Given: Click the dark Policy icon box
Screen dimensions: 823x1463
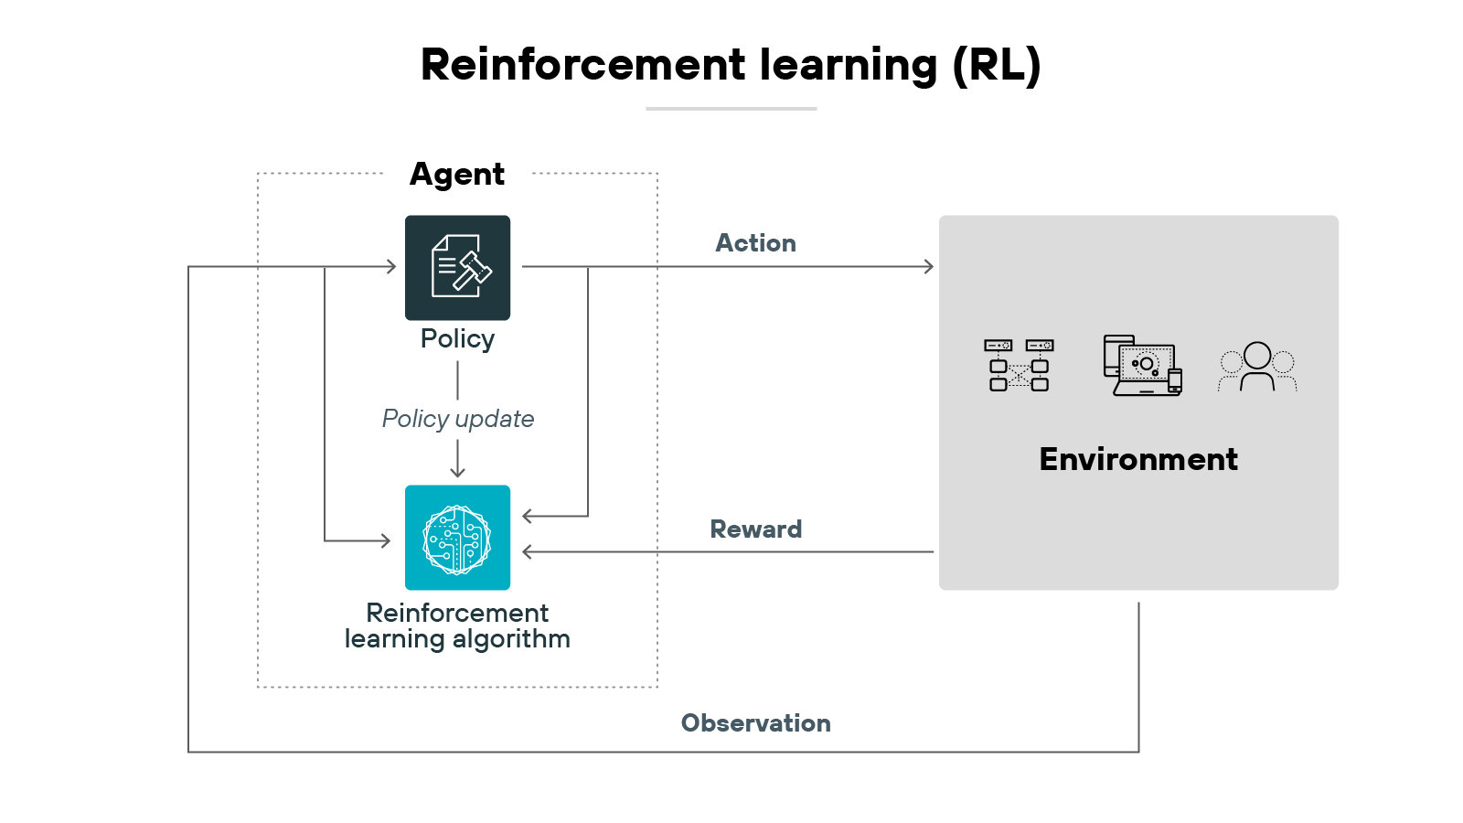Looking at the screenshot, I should point(457,267).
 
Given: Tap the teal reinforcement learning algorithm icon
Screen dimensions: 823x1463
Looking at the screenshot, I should point(457,537).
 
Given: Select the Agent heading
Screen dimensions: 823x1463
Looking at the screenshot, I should point(456,174).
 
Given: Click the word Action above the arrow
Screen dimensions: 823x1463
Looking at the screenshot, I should point(755,243).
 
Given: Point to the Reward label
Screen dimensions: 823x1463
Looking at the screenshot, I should point(755,529).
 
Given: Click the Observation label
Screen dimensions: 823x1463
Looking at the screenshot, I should point(755,723).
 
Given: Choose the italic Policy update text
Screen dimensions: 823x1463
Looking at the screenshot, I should point(457,419).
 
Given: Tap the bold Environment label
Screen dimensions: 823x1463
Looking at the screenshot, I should point(1138,459).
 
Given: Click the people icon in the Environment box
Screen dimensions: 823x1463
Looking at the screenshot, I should point(1257,367).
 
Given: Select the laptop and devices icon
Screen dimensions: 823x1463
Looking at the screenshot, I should point(1143,366).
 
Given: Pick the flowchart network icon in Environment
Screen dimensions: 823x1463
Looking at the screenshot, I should point(1019,366).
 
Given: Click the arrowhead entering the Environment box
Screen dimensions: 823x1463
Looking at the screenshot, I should point(929,266).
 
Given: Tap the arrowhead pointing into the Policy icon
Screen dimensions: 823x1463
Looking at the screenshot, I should point(391,266).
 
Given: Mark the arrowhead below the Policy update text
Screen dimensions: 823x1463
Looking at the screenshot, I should point(457,472).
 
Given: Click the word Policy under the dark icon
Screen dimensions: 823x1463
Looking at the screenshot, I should point(457,339).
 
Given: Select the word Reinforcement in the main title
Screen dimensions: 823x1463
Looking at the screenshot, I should point(582,65).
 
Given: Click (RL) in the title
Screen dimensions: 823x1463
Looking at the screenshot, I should point(996,65).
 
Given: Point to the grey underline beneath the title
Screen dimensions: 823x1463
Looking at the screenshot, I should point(731,109).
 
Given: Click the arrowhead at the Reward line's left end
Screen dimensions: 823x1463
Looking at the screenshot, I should point(527,551).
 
